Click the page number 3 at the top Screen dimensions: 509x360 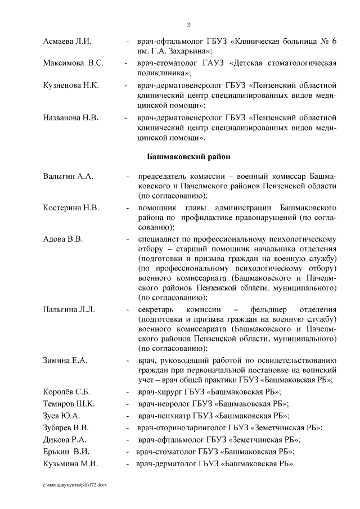point(188,24)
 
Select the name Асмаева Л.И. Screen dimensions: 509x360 point(67,42)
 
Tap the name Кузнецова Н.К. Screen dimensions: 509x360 point(71,85)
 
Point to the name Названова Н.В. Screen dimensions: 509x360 point(71,118)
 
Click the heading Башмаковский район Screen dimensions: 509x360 point(189,155)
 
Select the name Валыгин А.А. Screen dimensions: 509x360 point(68,176)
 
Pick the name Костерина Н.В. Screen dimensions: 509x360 point(71,208)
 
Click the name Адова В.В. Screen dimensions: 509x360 point(63,239)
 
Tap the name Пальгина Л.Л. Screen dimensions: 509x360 point(70,309)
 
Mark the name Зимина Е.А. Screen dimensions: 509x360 point(65,360)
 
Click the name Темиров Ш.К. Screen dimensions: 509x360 point(69,404)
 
